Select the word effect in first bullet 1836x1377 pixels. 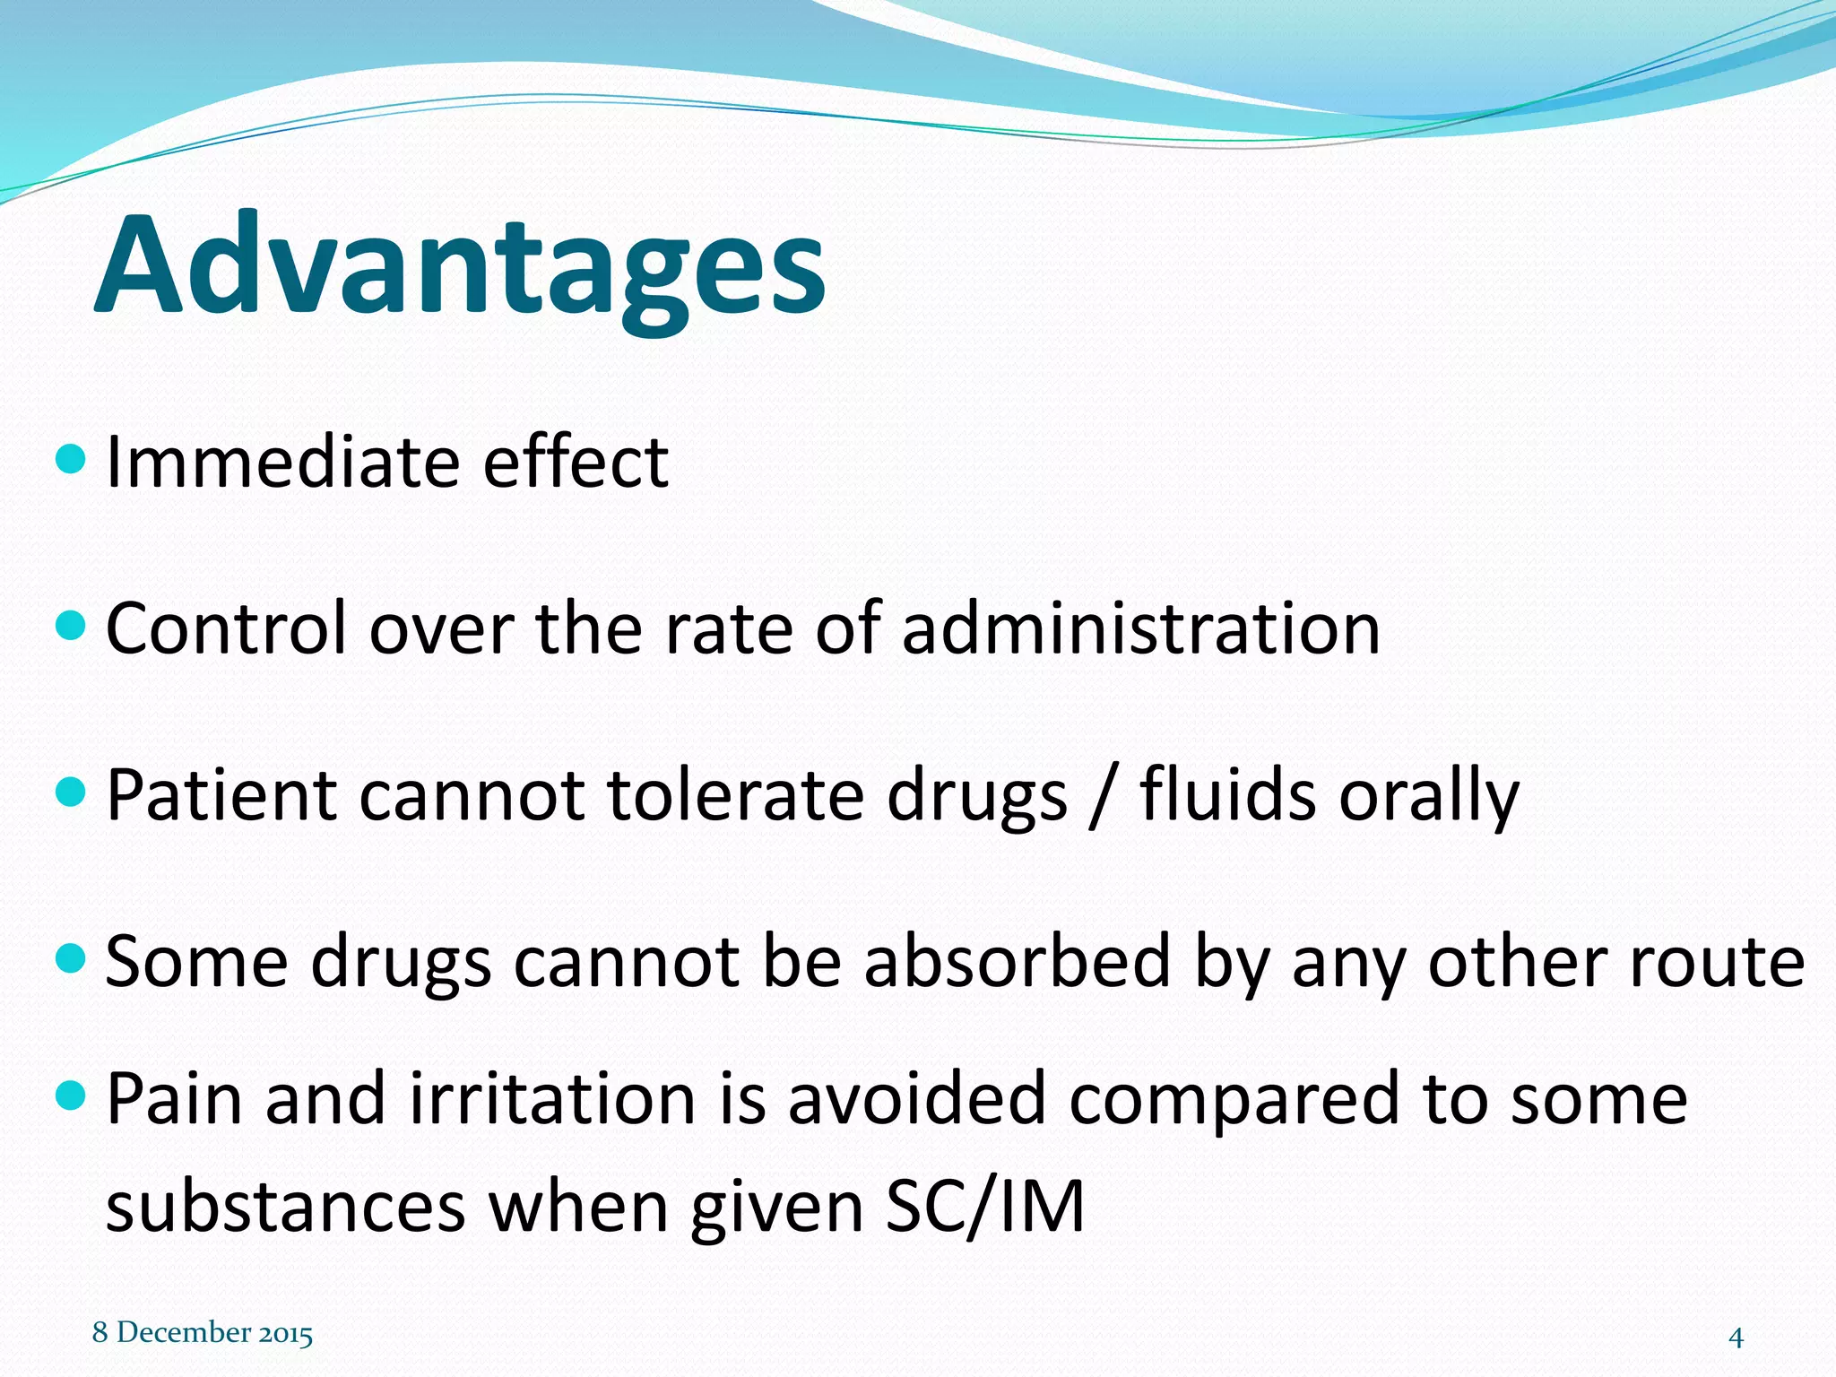(x=576, y=463)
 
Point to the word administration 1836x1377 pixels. (x=1140, y=629)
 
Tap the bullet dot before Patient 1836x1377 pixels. (x=70, y=792)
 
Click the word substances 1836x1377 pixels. (x=285, y=1207)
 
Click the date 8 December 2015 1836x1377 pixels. (x=203, y=1333)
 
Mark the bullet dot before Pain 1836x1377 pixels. (x=70, y=1095)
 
